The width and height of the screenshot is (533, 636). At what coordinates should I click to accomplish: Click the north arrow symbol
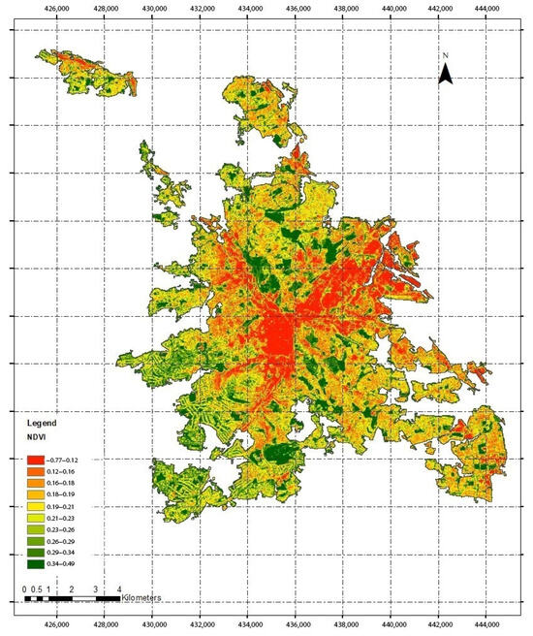pyautogui.click(x=445, y=71)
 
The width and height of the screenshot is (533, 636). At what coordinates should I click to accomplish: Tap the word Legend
pyautogui.click(x=43, y=425)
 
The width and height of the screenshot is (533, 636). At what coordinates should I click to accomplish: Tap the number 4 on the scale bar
pyautogui.click(x=118, y=588)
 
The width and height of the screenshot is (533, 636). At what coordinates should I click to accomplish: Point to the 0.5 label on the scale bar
pyautogui.click(x=36, y=588)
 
